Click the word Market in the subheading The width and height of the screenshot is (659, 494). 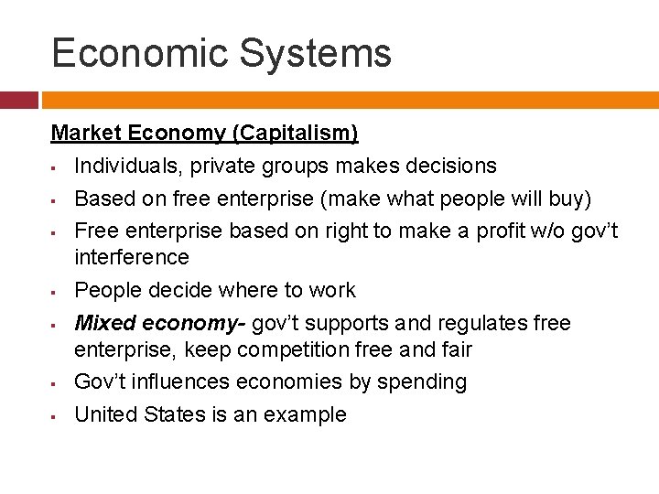click(x=86, y=134)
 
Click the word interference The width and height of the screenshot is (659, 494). click(x=131, y=257)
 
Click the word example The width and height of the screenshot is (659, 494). click(x=305, y=414)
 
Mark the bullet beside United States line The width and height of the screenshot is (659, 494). click(x=55, y=416)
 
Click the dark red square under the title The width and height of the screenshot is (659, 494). click(x=18, y=100)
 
